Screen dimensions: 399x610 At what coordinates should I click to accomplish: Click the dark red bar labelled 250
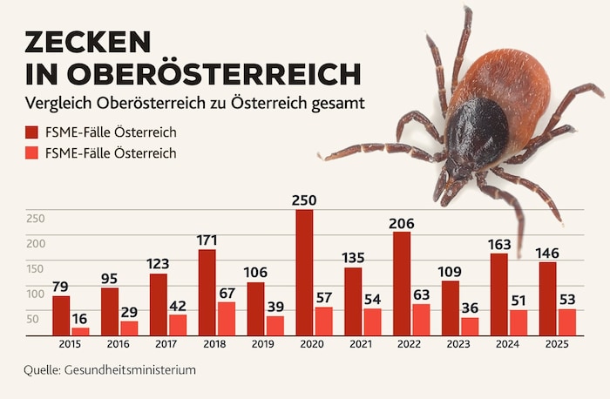pyautogui.click(x=304, y=272)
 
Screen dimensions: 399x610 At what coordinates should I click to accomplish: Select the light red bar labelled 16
pyautogui.click(x=81, y=331)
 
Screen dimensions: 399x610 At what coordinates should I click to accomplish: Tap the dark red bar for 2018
pyautogui.click(x=207, y=292)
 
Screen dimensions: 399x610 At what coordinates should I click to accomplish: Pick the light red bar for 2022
pyautogui.click(x=421, y=319)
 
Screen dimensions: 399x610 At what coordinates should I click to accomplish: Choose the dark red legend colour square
pyautogui.click(x=32, y=132)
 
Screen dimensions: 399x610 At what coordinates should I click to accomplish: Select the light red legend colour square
pyautogui.click(x=32, y=153)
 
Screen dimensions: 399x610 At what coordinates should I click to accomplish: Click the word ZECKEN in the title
pyautogui.click(x=87, y=42)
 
